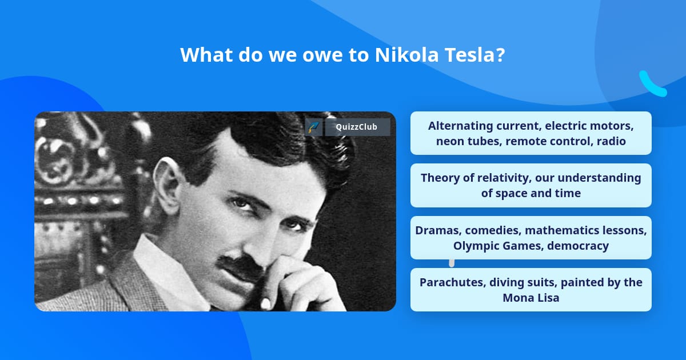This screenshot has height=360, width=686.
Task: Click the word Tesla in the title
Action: pos(467,55)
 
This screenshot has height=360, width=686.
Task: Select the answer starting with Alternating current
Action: pos(531,133)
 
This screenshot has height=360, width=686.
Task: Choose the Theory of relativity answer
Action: pos(531,185)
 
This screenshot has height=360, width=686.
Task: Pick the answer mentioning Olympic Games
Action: pos(531,238)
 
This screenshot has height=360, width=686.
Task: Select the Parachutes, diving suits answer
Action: pos(531,290)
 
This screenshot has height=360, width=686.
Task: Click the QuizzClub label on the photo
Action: pos(357,127)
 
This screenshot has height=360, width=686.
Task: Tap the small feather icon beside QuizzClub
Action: pos(313,127)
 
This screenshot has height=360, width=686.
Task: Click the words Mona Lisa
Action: pos(531,298)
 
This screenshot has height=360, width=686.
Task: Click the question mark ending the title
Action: pos(500,55)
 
